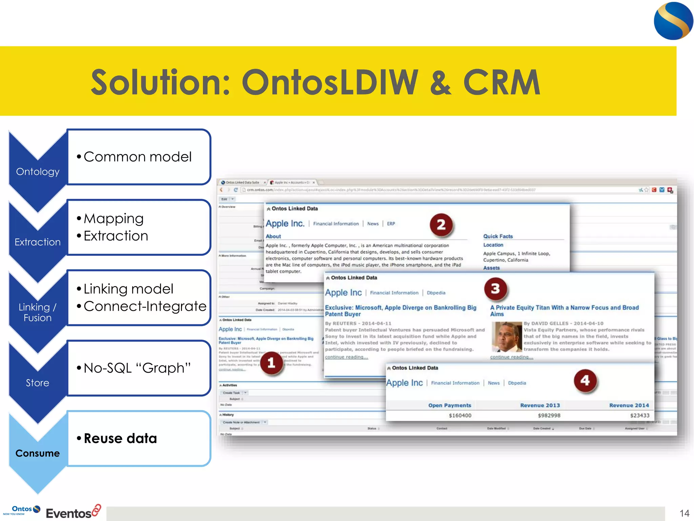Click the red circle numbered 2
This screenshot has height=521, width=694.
tap(441, 225)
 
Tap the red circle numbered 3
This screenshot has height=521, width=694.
tap(495, 289)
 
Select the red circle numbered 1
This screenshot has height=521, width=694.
tap(271, 363)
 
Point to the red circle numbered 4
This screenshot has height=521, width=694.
tap(585, 381)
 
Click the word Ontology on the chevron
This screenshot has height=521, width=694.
tap(38, 172)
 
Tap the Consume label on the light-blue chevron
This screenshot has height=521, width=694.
tap(38, 453)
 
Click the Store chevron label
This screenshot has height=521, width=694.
tap(38, 383)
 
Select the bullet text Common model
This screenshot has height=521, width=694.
tap(138, 157)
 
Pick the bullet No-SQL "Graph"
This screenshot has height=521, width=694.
tap(137, 368)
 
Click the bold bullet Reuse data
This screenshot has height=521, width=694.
tap(120, 439)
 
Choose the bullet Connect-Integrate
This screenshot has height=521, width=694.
tap(145, 306)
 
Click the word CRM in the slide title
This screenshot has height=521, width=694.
tap(502, 82)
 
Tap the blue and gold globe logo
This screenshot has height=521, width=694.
tap(673, 21)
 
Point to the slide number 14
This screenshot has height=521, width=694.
tap(684, 513)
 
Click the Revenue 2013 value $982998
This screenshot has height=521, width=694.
tap(549, 416)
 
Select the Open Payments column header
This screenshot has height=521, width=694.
tap(450, 405)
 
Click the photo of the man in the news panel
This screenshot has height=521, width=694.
tap(507, 337)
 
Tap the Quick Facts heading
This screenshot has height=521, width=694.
tap(498, 236)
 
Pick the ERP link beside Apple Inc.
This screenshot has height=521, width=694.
tap(391, 224)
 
